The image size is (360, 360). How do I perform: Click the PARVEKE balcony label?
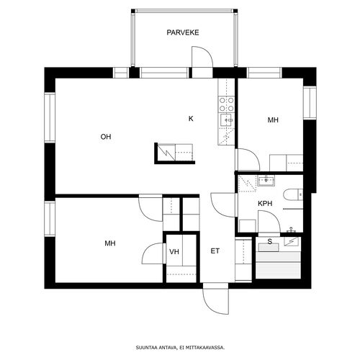[183, 32]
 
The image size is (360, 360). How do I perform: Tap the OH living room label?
[106, 137]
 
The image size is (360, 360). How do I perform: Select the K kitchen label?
[191, 119]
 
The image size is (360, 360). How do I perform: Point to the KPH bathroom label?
[265, 204]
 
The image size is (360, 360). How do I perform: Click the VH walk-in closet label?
[174, 252]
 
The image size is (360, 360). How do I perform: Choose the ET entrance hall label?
[215, 251]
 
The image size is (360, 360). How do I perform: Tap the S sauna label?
[270, 241]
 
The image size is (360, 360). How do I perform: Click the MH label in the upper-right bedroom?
[273, 120]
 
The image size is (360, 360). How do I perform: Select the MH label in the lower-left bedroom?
[110, 243]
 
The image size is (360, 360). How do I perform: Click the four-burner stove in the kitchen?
[226, 104]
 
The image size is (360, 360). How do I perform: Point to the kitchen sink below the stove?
[226, 120]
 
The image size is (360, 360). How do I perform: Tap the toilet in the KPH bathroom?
[293, 194]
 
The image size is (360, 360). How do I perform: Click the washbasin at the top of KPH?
[266, 181]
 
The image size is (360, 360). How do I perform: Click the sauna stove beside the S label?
[292, 241]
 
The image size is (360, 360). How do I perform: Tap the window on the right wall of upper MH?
[310, 103]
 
